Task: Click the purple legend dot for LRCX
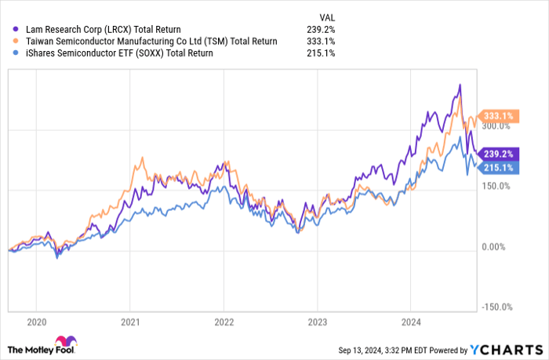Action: coord(16,30)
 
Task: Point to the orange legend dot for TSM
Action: coord(16,42)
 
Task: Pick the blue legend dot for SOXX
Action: coord(16,53)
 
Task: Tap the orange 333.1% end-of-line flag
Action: coord(497,116)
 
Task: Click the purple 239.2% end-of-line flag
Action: coord(497,154)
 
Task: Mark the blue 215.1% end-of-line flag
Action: coord(497,167)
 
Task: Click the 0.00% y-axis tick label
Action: coord(497,247)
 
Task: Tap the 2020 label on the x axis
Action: coord(37,322)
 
